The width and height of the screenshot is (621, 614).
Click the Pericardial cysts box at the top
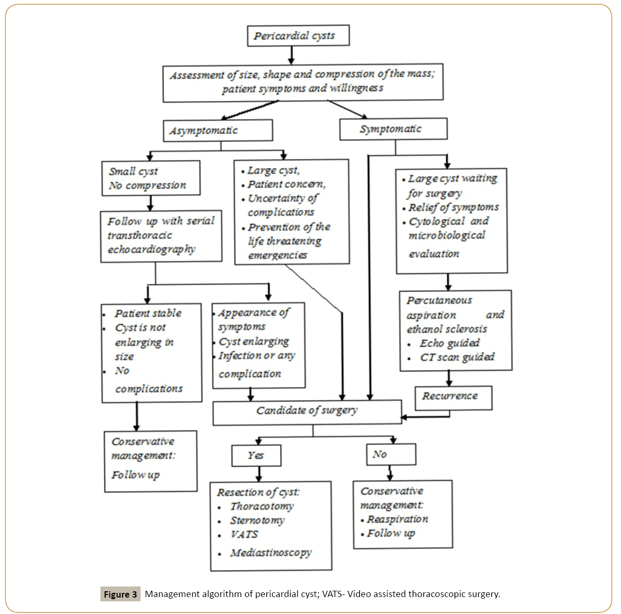[298, 36]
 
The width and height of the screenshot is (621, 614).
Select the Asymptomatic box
[218, 131]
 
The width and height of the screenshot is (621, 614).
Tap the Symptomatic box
[393, 129]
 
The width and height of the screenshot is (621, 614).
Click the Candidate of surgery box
[307, 412]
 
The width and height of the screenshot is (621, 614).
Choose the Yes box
[256, 455]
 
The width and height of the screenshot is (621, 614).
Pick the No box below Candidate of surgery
[391, 454]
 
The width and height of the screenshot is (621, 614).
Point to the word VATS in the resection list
[244, 535]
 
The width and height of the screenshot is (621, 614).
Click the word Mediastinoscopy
[271, 553]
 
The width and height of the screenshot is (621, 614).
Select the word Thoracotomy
[262, 507]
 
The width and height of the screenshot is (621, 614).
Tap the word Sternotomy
[257, 520]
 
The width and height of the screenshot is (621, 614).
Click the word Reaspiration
[397, 519]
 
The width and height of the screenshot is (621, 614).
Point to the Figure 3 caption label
[120, 594]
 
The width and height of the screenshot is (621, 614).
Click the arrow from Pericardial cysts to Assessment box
[291, 55]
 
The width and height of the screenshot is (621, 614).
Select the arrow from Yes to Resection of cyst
[259, 474]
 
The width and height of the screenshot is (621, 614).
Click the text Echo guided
[450, 344]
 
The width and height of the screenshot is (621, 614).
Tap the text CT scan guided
[457, 358]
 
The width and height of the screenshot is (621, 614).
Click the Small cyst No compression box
[151, 178]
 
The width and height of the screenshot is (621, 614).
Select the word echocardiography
[152, 250]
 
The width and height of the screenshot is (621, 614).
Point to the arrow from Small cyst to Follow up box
[151, 203]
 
